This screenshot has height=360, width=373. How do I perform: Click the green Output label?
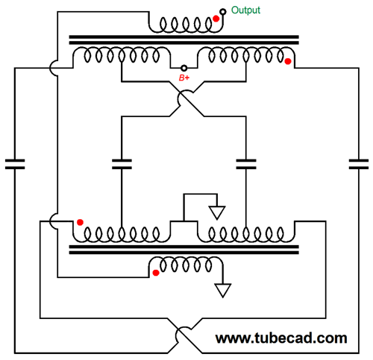coord(245,10)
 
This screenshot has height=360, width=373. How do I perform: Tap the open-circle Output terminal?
coord(223,11)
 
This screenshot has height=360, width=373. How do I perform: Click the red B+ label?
coord(184,78)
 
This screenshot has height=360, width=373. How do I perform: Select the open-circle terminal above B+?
coord(184,68)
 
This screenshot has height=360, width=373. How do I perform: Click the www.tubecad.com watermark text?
coord(281,338)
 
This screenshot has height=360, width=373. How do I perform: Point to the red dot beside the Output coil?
coord(216,19)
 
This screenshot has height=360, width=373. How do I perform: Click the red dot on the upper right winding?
coord(288,61)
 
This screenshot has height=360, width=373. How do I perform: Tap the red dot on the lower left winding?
coord(80,222)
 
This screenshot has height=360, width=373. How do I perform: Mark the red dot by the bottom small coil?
coord(156,273)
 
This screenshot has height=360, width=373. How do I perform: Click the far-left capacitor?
coord(15,165)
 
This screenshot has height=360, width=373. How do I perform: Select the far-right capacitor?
coord(359,165)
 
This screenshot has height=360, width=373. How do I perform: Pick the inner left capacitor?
coord(122,165)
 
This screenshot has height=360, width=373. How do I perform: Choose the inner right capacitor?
coord(246,165)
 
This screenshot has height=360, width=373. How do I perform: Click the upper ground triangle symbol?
coord(217,212)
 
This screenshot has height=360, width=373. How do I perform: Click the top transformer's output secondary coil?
coord(186,25)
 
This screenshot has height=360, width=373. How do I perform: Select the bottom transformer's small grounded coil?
coord(186,264)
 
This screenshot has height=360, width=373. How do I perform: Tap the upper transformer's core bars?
coord(184,40)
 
